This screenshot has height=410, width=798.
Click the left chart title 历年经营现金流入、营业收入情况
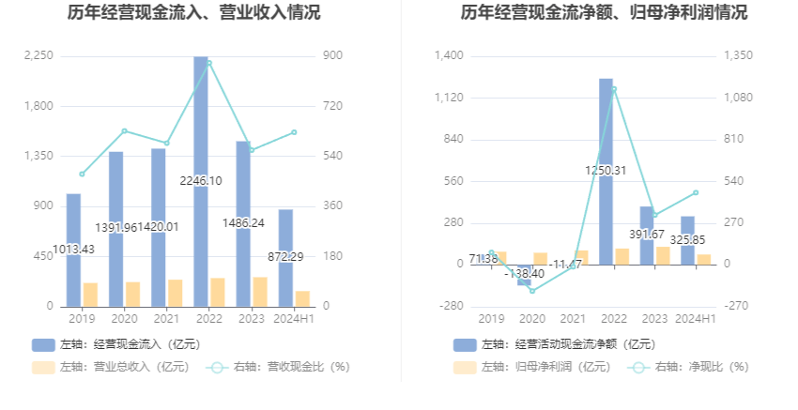tap(193, 13)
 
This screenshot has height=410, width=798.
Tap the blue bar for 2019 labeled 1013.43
tap(73, 225)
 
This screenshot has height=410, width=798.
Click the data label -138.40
tap(524, 273)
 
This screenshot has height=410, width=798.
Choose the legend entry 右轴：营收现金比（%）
tap(278, 367)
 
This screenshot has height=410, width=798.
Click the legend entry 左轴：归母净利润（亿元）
tap(530, 367)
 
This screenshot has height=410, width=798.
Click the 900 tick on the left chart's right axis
tap(332, 56)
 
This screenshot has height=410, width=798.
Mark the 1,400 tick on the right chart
tap(450, 56)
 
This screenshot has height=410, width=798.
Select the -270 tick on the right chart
tap(733, 306)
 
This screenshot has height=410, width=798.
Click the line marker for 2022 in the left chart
tap(207, 63)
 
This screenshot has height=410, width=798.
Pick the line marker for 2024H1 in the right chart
tap(696, 192)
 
